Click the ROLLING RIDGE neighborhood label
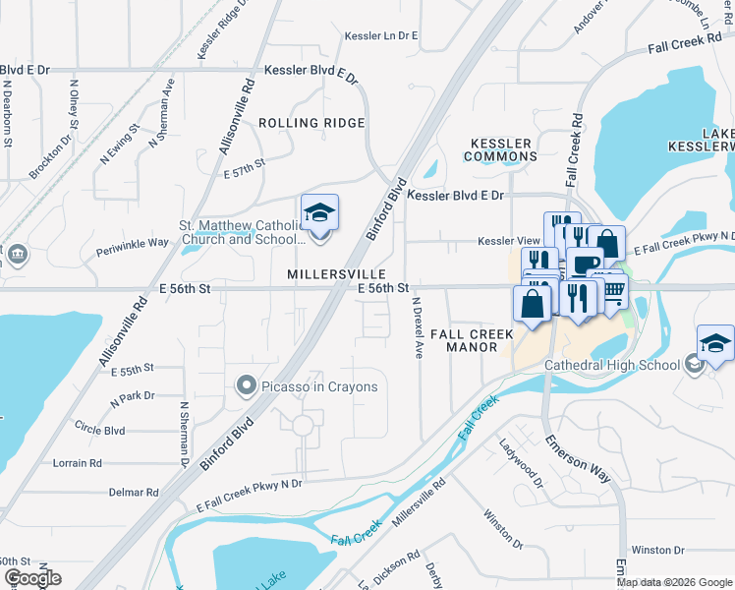click(311, 123)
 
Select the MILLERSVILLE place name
click(334, 272)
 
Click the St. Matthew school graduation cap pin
click(319, 213)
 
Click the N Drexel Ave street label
click(418, 327)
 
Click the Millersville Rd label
click(420, 502)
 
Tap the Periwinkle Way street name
click(133, 246)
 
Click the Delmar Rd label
click(134, 492)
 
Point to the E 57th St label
click(245, 167)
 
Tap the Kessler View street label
click(509, 241)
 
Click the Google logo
click(31, 578)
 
